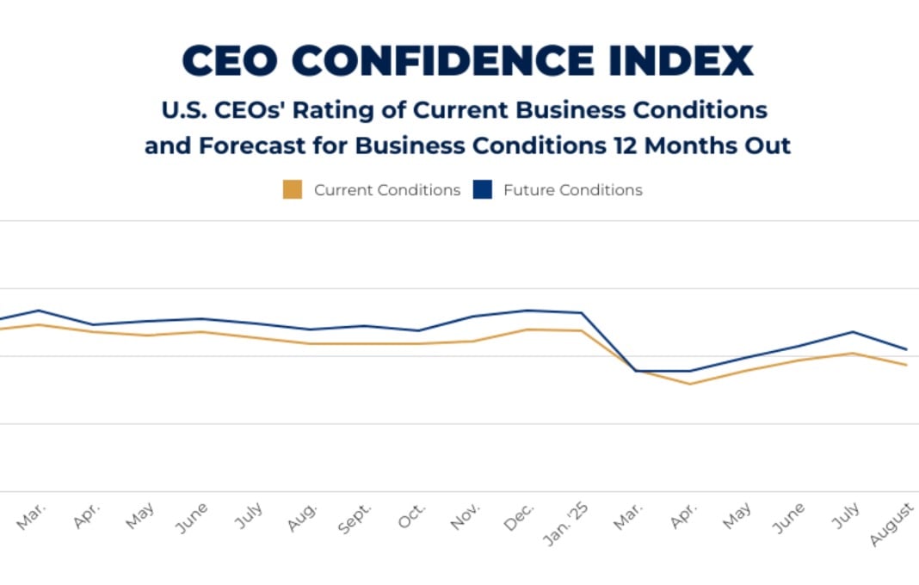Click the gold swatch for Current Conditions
pos(293,190)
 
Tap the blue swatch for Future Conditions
pos(483,190)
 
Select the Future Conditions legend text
pos(572,190)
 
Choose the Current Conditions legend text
pos(387,190)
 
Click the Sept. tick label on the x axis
pos(356,520)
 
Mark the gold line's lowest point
pos(690,384)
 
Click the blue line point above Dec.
pos(527,311)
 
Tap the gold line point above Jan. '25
pos(582,330)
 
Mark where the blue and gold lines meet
pos(636,371)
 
